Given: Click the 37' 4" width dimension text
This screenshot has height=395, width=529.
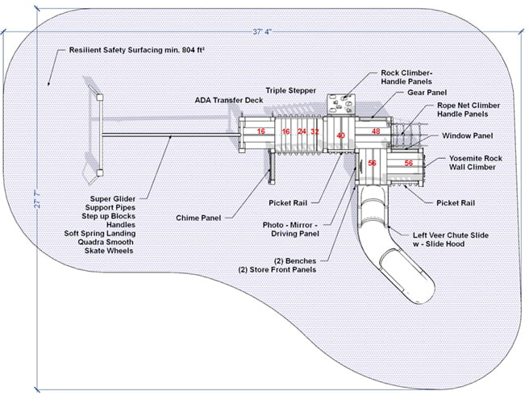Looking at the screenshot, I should click(262, 32).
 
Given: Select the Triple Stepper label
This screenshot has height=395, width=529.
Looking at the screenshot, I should click(290, 90).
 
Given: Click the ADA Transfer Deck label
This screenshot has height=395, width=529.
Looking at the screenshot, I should click(228, 100).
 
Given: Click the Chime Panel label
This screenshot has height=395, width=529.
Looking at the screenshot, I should click(199, 218).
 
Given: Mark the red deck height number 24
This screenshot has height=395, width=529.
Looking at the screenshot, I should click(302, 131).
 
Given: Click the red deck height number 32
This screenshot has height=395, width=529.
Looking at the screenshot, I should click(315, 131).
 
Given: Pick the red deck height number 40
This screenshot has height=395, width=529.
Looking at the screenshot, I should click(340, 135).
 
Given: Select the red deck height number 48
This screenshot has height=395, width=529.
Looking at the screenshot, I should click(376, 131).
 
